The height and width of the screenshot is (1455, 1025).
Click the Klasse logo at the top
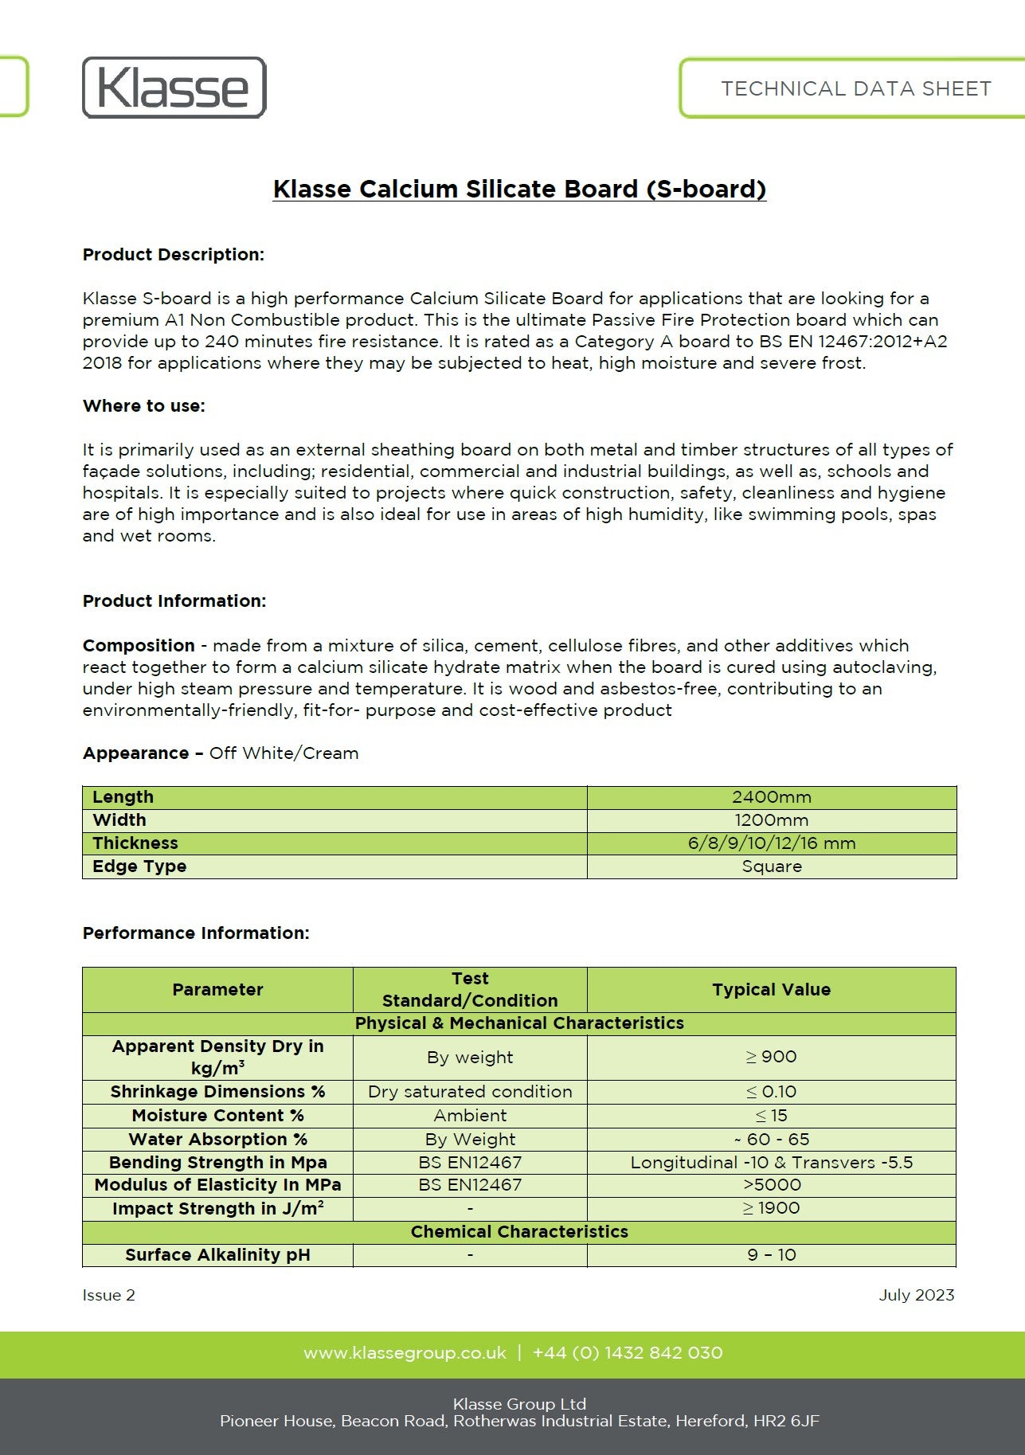[x=174, y=88]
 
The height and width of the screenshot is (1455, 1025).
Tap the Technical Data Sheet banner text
[x=855, y=88]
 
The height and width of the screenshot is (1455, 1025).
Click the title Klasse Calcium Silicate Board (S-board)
[x=519, y=189]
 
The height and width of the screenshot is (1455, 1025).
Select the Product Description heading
[x=173, y=255]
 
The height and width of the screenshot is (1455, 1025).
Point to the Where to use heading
[x=143, y=406]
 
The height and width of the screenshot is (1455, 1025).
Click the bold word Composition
[x=139, y=646]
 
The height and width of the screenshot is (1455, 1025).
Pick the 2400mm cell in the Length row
[x=771, y=797]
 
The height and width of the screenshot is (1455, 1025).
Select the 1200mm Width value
[x=771, y=820]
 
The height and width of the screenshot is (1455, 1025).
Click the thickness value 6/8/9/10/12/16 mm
[x=771, y=843]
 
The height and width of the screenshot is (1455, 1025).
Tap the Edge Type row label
[x=139, y=866]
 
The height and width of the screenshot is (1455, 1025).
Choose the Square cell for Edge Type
[x=771, y=866]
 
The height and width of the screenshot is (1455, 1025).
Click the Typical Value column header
[x=771, y=989]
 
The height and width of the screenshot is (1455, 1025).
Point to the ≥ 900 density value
[x=771, y=1057]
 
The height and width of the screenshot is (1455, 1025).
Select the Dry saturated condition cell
[x=470, y=1092]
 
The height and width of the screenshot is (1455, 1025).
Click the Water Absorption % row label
[x=217, y=1140]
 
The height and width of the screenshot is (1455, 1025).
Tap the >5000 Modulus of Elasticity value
[x=771, y=1185]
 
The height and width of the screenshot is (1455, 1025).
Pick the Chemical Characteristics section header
[x=519, y=1232]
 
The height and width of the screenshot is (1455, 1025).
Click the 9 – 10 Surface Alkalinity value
[x=771, y=1255]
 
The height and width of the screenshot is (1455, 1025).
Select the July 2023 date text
[x=916, y=1295]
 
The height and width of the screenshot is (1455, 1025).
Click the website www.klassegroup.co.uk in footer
[x=405, y=1353]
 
